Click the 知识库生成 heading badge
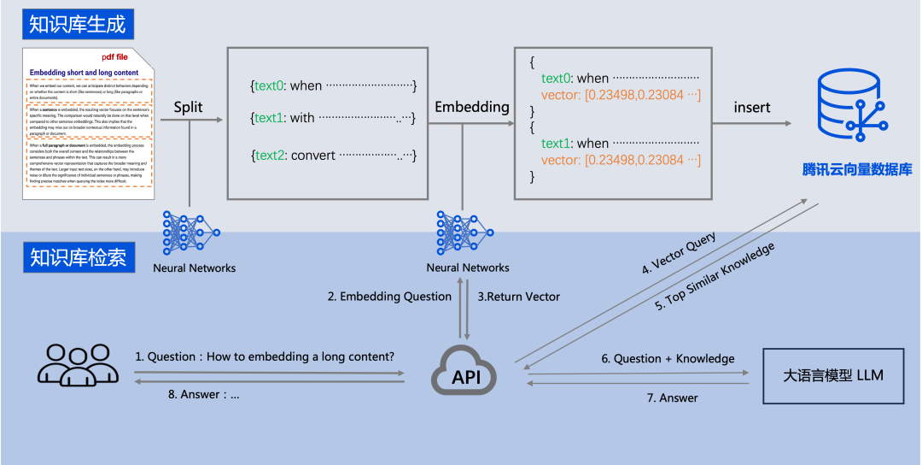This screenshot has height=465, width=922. point(77,25)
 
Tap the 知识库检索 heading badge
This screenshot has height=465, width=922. point(78,256)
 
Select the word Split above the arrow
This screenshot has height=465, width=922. point(189,108)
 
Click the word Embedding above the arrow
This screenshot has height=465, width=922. point(471,108)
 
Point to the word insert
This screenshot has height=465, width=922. point(752,108)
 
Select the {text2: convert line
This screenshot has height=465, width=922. point(333,156)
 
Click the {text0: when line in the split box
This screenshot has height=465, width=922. point(333,86)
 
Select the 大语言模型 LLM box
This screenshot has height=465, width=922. point(832,375)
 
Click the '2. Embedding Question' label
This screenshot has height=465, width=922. point(389,297)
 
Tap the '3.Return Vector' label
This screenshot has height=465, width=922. point(518,297)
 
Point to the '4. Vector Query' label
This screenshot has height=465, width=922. point(679,254)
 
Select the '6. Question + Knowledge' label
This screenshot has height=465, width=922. point(668,359)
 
